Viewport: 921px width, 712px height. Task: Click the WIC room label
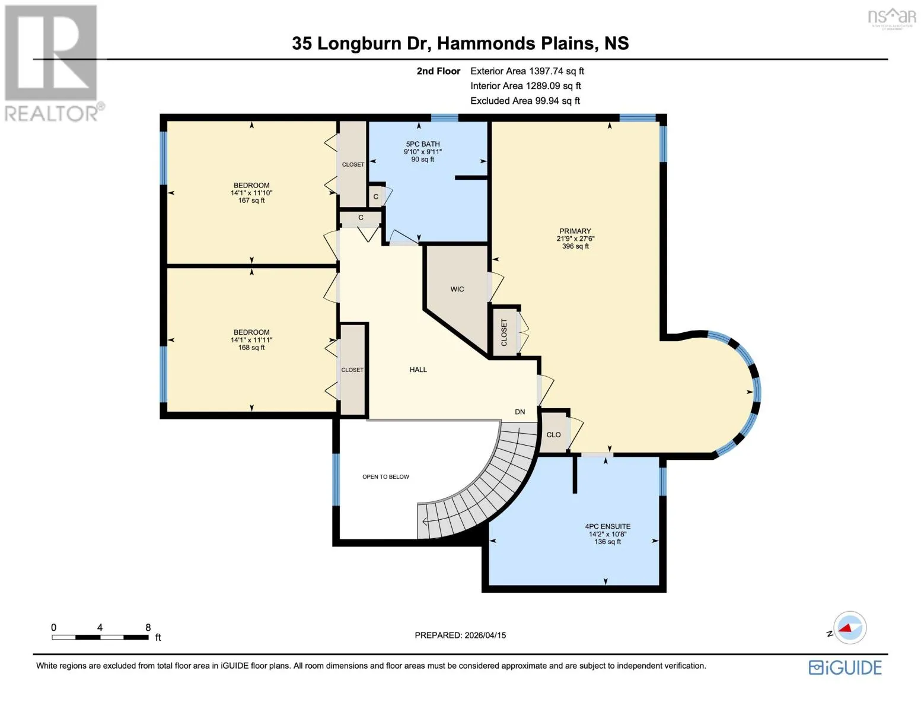457,289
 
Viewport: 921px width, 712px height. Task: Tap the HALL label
418,370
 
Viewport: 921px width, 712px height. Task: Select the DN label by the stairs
520,412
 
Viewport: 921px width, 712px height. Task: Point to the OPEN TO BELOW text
385,476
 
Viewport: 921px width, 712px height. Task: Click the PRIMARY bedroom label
575,231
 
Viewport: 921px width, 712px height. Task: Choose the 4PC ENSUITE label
607,526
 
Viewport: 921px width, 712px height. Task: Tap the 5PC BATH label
423,144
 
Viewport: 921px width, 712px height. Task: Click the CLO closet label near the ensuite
553,435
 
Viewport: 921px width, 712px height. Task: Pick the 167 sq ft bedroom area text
251,201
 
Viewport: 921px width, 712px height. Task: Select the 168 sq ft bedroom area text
251,348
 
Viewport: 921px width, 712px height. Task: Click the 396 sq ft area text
575,246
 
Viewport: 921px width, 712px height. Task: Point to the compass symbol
849,628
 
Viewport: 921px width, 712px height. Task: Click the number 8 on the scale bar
148,628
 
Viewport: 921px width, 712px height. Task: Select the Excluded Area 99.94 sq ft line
525,101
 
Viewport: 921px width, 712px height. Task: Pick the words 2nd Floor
438,71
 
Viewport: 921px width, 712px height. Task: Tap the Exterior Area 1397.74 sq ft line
527,71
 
